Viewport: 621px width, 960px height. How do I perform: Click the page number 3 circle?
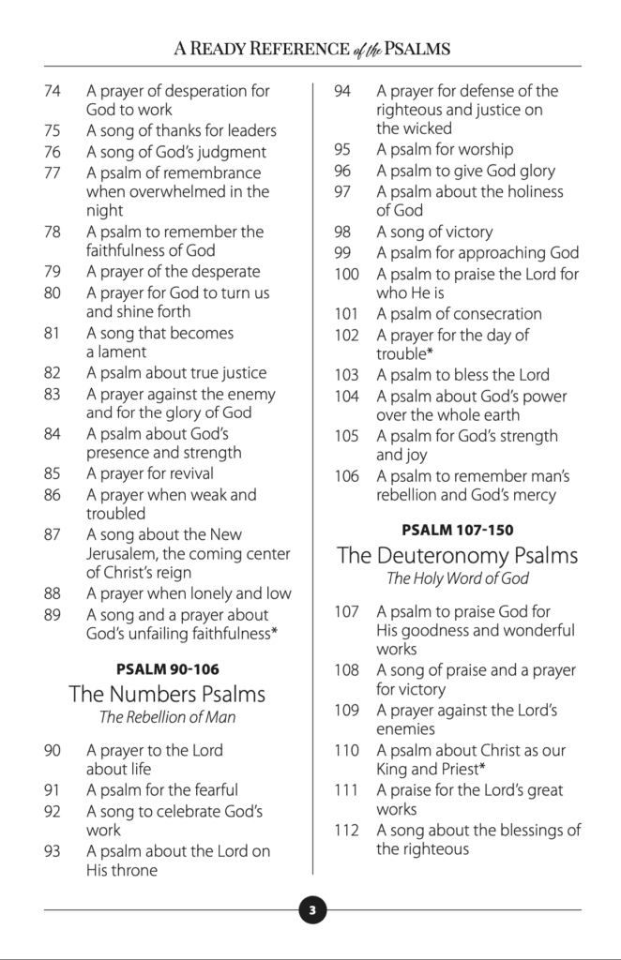pyautogui.click(x=311, y=909)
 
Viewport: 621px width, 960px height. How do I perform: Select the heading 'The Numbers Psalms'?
pyautogui.click(x=167, y=695)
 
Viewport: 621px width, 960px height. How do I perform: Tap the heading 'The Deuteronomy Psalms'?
pyautogui.click(x=457, y=555)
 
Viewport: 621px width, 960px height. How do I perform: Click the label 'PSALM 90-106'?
pyautogui.click(x=167, y=669)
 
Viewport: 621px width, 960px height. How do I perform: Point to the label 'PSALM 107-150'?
pyautogui.click(x=457, y=530)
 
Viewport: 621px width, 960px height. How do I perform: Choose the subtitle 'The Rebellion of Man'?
pyautogui.click(x=167, y=718)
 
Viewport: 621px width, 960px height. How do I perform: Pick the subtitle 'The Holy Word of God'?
pyautogui.click(x=457, y=578)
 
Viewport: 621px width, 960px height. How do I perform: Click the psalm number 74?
pyautogui.click(x=53, y=91)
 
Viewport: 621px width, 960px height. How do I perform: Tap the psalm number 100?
pyautogui.click(x=346, y=274)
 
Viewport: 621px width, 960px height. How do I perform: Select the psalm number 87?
pyautogui.click(x=53, y=534)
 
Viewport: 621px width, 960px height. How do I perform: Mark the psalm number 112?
pyautogui.click(x=346, y=830)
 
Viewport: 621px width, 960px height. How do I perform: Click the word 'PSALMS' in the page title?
pyautogui.click(x=408, y=48)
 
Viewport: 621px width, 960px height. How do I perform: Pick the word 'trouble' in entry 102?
pyautogui.click(x=402, y=353)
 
